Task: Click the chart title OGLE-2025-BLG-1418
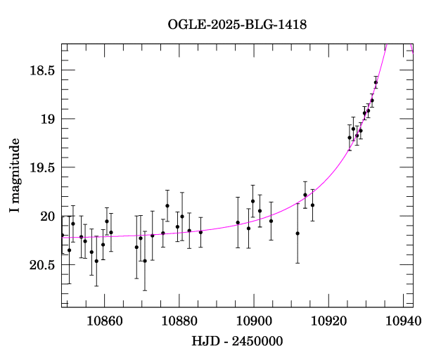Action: pos(237,25)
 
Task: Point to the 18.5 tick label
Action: pos(41,70)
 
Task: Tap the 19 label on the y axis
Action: pos(46,119)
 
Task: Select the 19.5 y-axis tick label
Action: pos(41,167)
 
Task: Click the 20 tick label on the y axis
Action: pos(46,216)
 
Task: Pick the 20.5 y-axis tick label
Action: pos(41,265)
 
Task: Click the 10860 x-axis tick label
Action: pos(104,320)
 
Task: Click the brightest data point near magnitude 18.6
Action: pos(376,82)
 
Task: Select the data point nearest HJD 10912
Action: pos(298,233)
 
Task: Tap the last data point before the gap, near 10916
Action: pos(312,205)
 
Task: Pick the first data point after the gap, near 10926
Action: pos(350,138)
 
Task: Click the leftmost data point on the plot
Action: pos(63,235)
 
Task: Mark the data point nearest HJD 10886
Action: pos(200,232)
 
